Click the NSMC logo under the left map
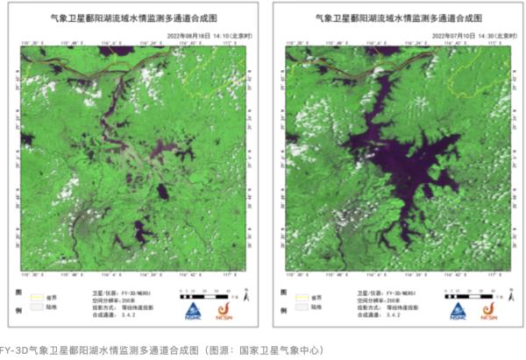[192, 310]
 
